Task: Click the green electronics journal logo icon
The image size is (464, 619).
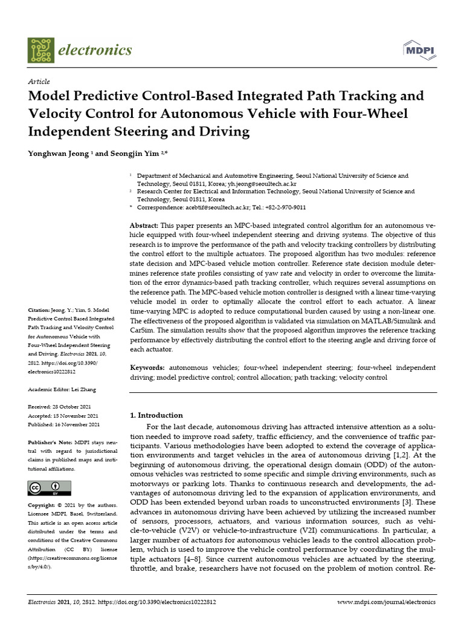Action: pyautogui.click(x=41, y=50)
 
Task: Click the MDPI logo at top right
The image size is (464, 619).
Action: pyautogui.click(x=417, y=50)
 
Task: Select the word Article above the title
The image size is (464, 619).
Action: pyautogui.click(x=39, y=82)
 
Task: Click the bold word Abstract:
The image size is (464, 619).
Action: pyautogui.click(x=144, y=225)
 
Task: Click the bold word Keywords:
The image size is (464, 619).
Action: pyautogui.click(x=147, y=368)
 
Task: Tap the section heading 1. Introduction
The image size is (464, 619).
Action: pyautogui.click(x=156, y=415)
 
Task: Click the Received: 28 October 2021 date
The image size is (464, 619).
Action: pyautogui.click(x=63, y=407)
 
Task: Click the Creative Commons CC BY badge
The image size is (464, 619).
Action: pyautogui.click(x=50, y=488)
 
